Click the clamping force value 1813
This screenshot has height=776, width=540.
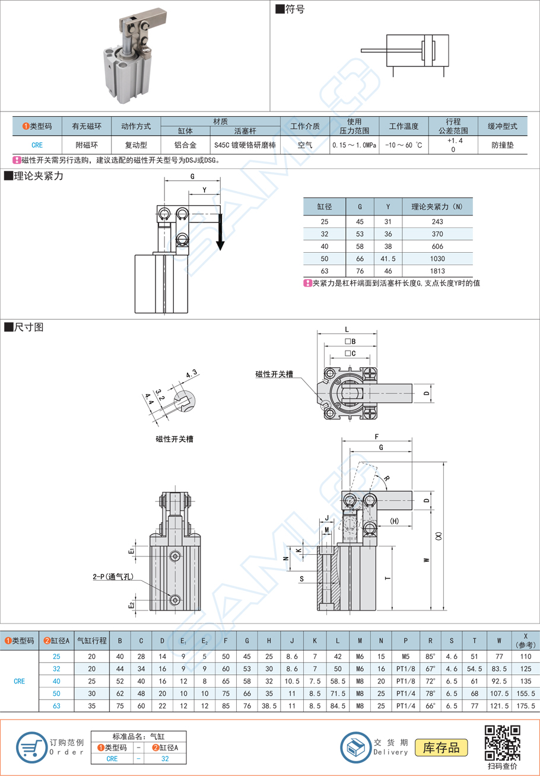pos(438,271)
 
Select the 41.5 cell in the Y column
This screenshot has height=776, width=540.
pos(387,259)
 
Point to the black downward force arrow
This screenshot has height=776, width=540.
pos(220,232)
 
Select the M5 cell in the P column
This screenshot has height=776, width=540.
pos(406,657)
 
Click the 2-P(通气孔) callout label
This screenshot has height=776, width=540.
pos(112,576)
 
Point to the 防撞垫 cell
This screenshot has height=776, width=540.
pos(503,145)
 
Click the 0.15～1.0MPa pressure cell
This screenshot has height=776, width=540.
pos(354,145)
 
